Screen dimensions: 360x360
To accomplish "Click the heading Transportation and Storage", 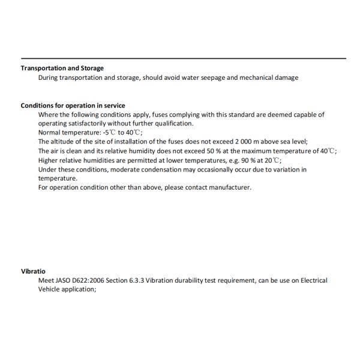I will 62,68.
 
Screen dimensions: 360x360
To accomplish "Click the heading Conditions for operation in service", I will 73,106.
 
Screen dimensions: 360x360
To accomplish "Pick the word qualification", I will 170,124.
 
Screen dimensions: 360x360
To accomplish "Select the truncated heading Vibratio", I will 33,271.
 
